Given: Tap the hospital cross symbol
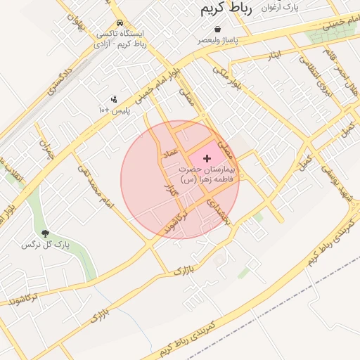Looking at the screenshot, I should tap(206, 159).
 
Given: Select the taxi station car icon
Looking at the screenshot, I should tap(120, 22).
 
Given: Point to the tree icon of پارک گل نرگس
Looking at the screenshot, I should tap(46, 233).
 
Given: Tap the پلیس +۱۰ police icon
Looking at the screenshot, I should tap(115, 99).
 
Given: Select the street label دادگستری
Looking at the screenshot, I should tap(60, 82).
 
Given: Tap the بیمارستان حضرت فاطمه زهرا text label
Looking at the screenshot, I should tap(210, 175).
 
